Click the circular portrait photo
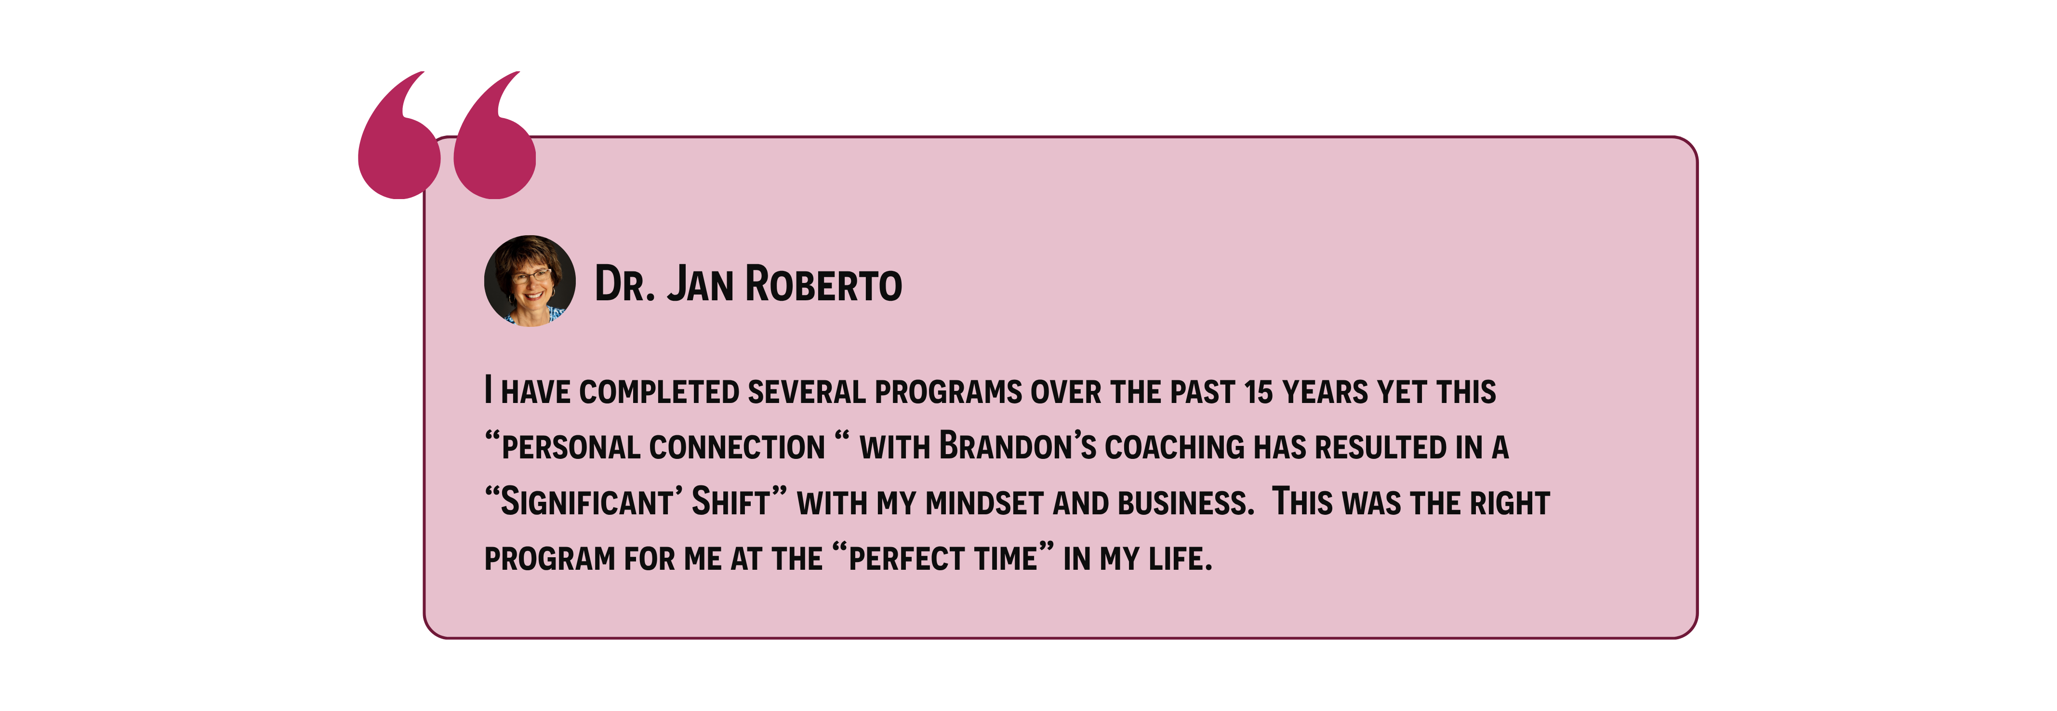(x=530, y=281)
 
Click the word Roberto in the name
(x=823, y=284)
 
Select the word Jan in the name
(x=700, y=284)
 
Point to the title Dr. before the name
(x=625, y=284)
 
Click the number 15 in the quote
(x=1259, y=391)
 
